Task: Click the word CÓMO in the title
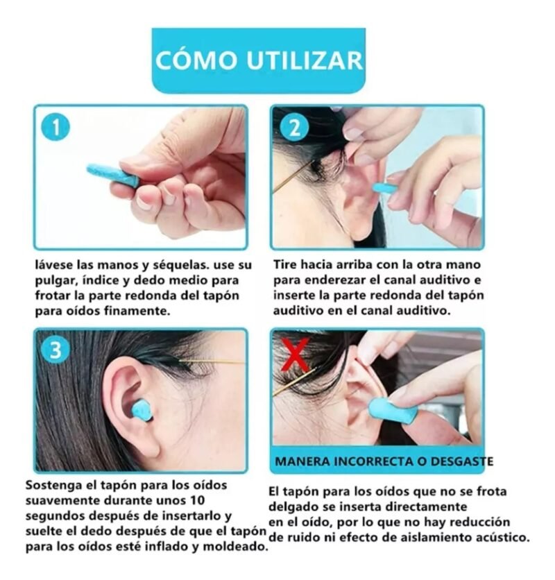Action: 196,60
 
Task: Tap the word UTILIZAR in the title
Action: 305,60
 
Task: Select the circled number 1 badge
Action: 55,128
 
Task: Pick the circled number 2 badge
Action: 295,128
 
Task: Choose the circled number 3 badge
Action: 55,350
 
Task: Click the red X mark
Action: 295,354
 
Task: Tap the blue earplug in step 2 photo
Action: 385,187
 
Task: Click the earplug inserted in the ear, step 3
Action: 143,413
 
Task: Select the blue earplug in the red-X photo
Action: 393,409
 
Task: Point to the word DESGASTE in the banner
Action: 465,461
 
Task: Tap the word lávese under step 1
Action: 53,265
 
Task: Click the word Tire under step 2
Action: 285,265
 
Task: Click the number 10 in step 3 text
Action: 196,500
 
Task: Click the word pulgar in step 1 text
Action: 55,282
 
